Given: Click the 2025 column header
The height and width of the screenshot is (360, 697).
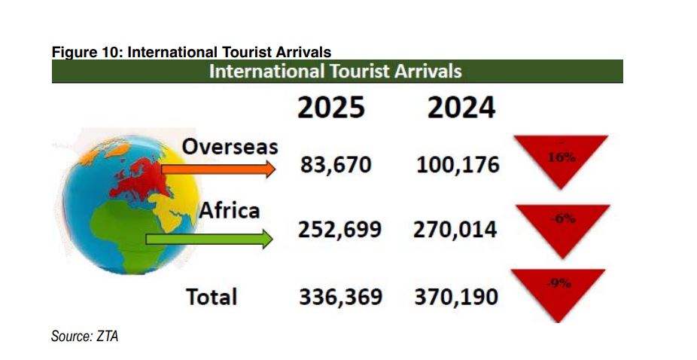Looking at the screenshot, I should [x=331, y=107].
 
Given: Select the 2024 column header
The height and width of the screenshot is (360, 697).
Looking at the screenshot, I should [x=461, y=107].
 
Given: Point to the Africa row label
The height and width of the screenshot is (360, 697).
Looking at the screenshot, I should [x=229, y=210].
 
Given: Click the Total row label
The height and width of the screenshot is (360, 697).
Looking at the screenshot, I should [x=212, y=296].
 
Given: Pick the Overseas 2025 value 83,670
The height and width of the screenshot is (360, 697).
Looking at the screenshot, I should [x=336, y=164].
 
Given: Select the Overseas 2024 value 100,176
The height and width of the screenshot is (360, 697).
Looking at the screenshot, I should [x=458, y=164].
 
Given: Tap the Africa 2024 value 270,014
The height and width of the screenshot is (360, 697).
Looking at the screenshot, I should [x=455, y=229].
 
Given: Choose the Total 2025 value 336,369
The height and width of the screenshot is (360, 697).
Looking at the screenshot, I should [x=340, y=297].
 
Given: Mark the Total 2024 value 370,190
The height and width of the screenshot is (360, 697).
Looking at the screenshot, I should [x=456, y=297].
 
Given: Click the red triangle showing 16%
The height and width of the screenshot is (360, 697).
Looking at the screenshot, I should [x=560, y=159].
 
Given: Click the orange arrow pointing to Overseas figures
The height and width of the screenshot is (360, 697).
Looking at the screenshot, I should [x=218, y=170].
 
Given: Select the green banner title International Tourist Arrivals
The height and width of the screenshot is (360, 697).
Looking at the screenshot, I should [x=336, y=72].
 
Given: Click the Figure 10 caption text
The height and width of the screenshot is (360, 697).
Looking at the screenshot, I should [x=191, y=53].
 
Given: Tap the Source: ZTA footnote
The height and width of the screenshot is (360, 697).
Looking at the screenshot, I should [x=84, y=337].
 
